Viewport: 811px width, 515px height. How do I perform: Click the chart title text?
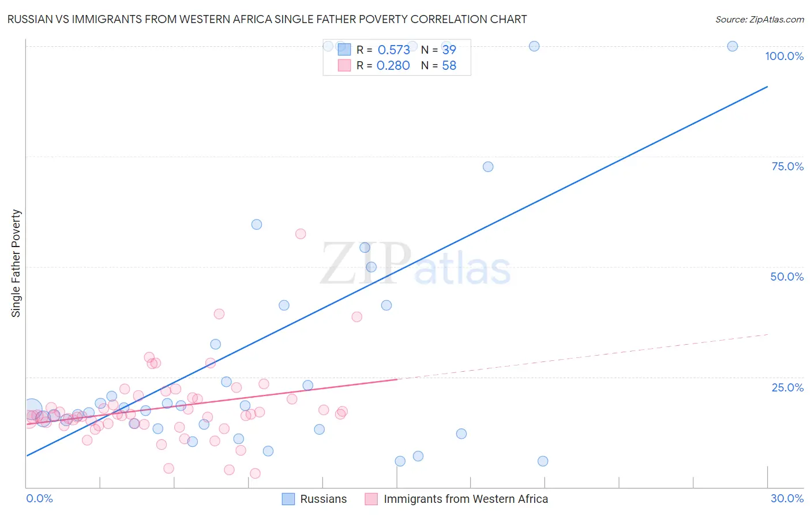tap(267, 19)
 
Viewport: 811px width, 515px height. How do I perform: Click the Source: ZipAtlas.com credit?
tap(759, 19)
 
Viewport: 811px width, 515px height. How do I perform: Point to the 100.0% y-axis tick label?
tap(784, 56)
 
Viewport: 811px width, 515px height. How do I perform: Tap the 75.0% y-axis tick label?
tap(787, 166)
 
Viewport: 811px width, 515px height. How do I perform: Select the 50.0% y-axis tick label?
tap(787, 277)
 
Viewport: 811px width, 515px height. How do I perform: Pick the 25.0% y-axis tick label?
tap(787, 387)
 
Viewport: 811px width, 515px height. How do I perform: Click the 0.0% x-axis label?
tap(39, 498)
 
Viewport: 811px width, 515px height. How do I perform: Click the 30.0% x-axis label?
tap(787, 498)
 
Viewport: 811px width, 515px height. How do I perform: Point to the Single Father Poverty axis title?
tap(16, 263)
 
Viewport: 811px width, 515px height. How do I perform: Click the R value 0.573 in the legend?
tap(393, 50)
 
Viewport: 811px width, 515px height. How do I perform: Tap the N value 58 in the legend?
tap(449, 66)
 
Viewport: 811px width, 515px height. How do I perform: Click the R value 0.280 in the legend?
tap(393, 66)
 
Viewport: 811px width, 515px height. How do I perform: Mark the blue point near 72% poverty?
tap(488, 167)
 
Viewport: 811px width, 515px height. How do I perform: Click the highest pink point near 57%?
tap(301, 234)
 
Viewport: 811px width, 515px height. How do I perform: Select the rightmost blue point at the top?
tap(733, 46)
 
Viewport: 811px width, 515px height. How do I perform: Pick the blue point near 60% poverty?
tap(257, 225)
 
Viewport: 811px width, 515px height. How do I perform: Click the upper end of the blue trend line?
tap(767, 87)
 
